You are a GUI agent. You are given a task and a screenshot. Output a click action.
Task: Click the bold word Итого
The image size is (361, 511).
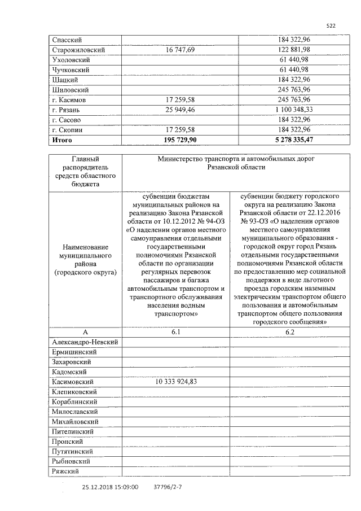62,139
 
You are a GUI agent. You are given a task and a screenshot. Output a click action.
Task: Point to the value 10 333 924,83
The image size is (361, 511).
175,382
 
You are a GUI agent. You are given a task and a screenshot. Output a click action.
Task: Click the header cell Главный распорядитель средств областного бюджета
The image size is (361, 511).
85,171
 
